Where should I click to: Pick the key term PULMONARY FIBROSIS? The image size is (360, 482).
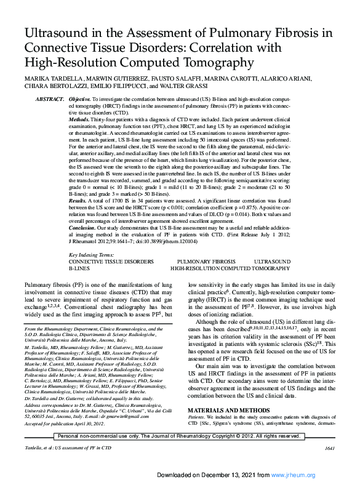tap(206, 262)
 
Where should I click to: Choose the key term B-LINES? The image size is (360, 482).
tap(78, 268)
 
